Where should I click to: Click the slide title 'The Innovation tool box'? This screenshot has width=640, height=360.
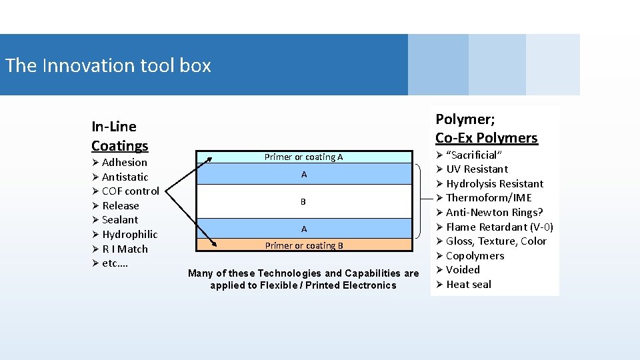coord(108,65)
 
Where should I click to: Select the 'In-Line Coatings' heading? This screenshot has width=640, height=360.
coord(119,136)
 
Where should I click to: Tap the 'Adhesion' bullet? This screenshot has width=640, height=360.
coord(124,162)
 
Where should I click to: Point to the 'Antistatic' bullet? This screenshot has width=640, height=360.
coord(125,177)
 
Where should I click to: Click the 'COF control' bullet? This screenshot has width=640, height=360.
coord(130,191)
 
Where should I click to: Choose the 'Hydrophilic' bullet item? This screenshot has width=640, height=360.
coord(129,234)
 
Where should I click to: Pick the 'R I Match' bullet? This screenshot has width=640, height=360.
coord(125,249)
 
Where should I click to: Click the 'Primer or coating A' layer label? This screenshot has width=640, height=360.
coord(303,157)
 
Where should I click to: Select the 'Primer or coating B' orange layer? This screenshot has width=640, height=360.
coord(303,245)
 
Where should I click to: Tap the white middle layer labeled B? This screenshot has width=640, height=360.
coord(303,201)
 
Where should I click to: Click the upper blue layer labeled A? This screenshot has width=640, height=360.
coord(303,175)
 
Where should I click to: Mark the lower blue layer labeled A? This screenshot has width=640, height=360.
coord(303,229)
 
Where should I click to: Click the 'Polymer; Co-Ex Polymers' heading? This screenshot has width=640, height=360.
coord(486,129)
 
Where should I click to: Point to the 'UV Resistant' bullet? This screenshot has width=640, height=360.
coord(477,169)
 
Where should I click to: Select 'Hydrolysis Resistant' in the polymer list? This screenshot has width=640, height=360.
coord(495,183)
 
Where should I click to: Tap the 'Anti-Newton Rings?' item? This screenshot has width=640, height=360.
coord(494,212)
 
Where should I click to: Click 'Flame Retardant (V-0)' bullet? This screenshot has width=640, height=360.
coord(499,227)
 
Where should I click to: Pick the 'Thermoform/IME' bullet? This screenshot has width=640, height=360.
coord(489,197)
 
